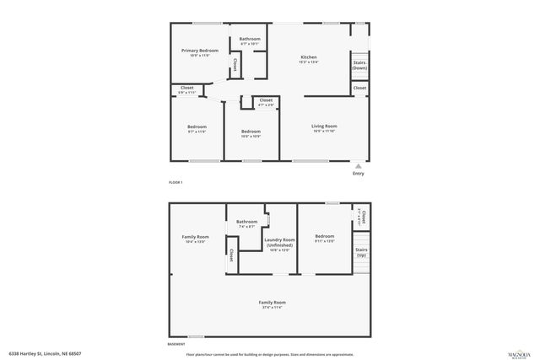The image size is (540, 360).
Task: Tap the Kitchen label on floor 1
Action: pos(308,58)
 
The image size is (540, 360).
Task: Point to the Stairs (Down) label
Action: pos(359,65)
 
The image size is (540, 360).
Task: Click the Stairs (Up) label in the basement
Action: pos(361,251)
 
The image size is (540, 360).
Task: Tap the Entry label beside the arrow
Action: pos(359,174)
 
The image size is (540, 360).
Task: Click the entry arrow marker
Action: pos(359,166)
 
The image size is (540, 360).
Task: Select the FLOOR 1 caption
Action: pos(175,182)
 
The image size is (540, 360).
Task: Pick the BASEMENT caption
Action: pos(177,345)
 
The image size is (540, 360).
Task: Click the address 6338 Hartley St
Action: pos(46,354)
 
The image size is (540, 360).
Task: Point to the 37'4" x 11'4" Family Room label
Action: pos(272,304)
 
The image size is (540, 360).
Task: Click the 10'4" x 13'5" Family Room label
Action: pos(196,239)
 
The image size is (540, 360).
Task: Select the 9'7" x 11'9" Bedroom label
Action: pos(196,129)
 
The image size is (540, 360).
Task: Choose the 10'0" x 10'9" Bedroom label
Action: pos(251,133)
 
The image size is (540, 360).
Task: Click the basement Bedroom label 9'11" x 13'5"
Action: pos(325,239)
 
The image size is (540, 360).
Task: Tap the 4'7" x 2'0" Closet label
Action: pos(266,102)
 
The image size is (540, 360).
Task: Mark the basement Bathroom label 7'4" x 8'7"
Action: pos(247,224)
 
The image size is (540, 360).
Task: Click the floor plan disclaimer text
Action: pos(269,354)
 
